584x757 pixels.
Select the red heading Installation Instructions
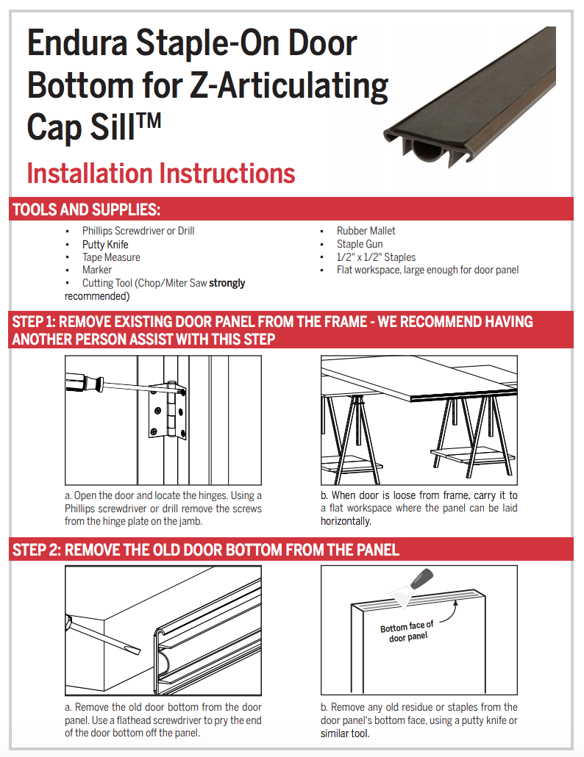pyautogui.click(x=160, y=173)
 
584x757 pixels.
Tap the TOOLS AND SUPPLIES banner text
pyautogui.click(x=86, y=209)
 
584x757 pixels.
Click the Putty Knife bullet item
pyautogui.click(x=105, y=244)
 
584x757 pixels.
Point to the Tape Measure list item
pyautogui.click(x=111, y=257)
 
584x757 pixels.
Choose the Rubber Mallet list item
pyautogui.click(x=366, y=231)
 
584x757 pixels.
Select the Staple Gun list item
pyautogui.click(x=360, y=244)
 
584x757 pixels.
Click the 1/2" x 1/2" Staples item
pyautogui.click(x=376, y=257)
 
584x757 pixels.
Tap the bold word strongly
pyautogui.click(x=227, y=283)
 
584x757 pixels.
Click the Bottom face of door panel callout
pyautogui.click(x=407, y=631)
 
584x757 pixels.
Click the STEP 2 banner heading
pyautogui.click(x=206, y=550)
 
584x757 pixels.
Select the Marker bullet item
pyautogui.click(x=96, y=270)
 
